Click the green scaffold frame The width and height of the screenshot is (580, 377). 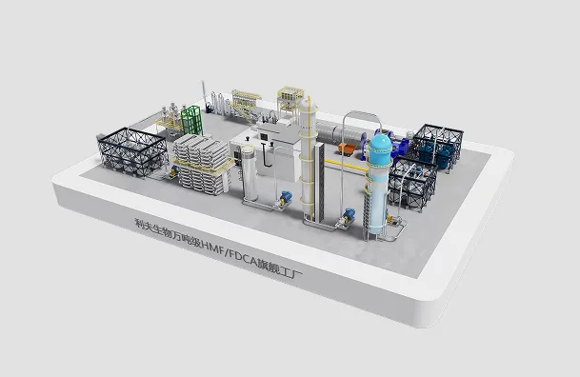pyautogui.click(x=191, y=120)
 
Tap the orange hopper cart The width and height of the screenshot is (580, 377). pyautogui.click(x=347, y=149)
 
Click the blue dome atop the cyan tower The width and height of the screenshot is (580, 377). pyautogui.click(x=380, y=144)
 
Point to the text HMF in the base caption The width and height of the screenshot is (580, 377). pyautogui.click(x=211, y=247)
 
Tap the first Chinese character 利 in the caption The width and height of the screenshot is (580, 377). pyautogui.click(x=139, y=223)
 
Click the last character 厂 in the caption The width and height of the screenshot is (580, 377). pyautogui.click(x=297, y=274)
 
